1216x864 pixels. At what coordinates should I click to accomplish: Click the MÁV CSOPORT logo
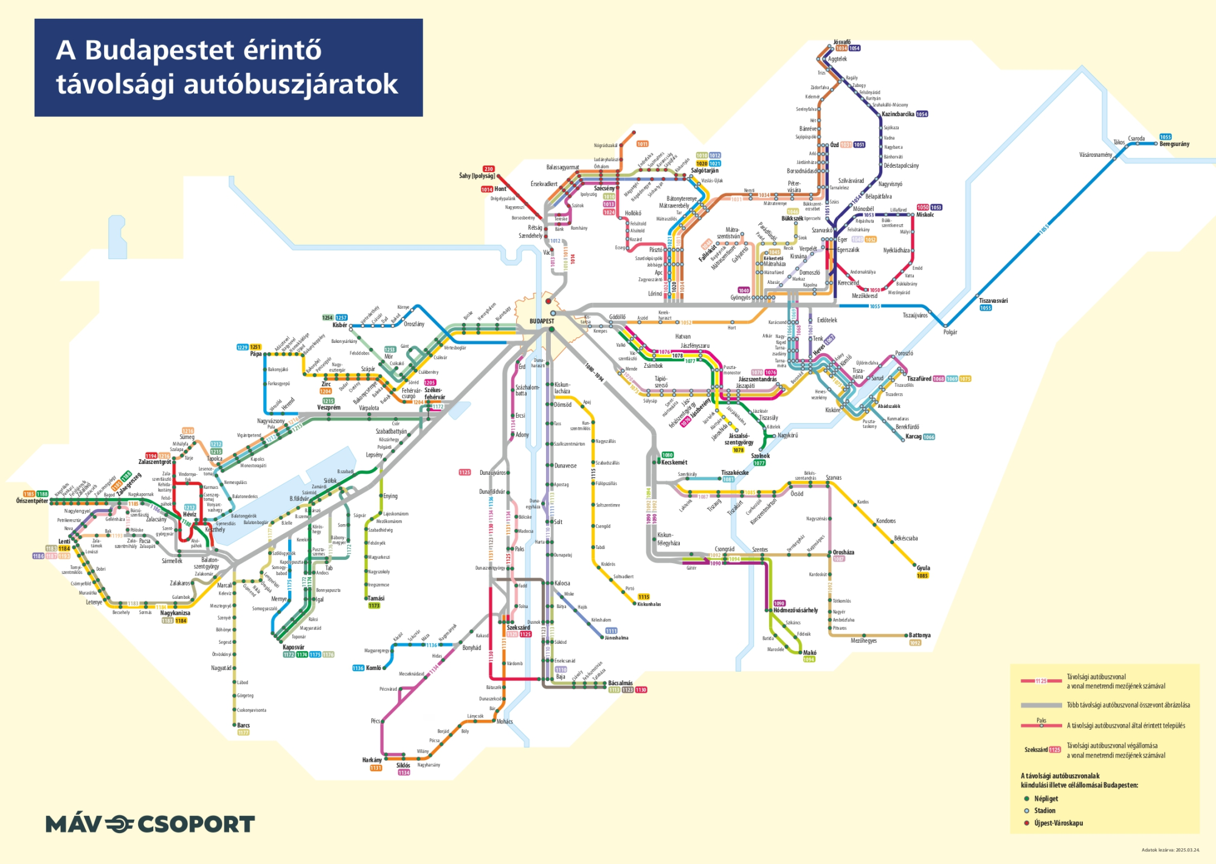[x=150, y=824]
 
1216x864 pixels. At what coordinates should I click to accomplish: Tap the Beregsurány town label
[x=1174, y=144]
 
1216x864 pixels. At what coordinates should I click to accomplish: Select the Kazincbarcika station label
[x=897, y=114]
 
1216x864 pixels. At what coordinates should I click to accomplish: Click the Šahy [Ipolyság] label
[x=477, y=176]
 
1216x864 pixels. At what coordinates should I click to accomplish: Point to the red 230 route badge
[x=488, y=168]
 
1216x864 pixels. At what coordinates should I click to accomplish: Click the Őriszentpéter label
[x=32, y=501]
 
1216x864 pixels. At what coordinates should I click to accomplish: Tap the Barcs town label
[x=243, y=725]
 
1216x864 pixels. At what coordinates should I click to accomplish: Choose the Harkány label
[x=371, y=760]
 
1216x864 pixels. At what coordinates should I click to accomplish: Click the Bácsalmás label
[x=620, y=683]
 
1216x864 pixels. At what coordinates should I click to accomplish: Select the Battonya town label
[x=919, y=635]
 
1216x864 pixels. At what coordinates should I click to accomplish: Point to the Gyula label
[x=923, y=568]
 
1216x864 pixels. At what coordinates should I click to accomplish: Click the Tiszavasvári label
[x=993, y=300]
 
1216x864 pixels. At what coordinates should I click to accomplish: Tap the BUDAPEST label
[x=541, y=321]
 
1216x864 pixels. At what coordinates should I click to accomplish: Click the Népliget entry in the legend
[x=1046, y=798]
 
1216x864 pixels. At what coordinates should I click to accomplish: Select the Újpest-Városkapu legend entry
[x=1058, y=823]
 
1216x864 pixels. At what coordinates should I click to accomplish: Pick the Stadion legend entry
[x=1045, y=810]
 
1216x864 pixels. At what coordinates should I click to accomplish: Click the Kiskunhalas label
[x=649, y=604]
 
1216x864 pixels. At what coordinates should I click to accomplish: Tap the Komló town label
[x=373, y=668]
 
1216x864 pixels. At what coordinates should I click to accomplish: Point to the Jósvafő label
[x=842, y=42]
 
